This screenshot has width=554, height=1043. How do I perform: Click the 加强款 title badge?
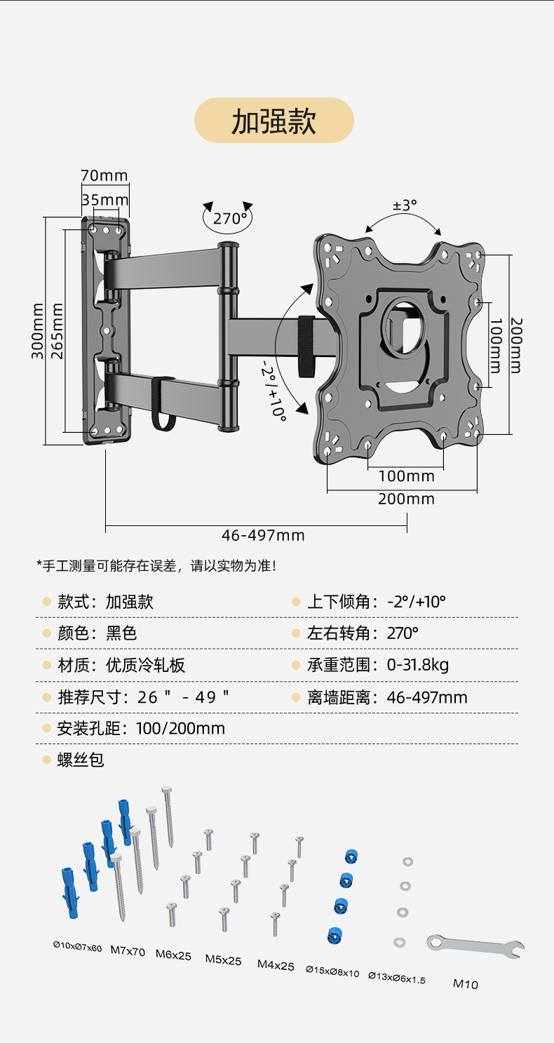(x=273, y=121)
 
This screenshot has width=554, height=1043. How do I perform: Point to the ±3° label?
(x=405, y=206)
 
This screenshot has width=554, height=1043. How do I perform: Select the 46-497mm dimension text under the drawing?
(x=263, y=536)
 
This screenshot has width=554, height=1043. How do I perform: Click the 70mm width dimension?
(x=104, y=175)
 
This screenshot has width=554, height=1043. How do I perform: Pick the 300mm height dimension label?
(x=38, y=330)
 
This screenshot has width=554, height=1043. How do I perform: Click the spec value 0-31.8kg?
(x=418, y=665)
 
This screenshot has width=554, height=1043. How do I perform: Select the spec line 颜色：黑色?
(x=97, y=633)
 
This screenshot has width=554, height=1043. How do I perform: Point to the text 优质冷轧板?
(x=146, y=665)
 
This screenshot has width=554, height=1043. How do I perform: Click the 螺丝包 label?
(x=81, y=760)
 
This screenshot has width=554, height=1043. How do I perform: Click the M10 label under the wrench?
(x=466, y=983)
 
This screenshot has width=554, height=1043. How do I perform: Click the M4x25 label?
(x=276, y=965)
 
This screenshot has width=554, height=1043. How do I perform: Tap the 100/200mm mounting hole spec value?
(x=181, y=728)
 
